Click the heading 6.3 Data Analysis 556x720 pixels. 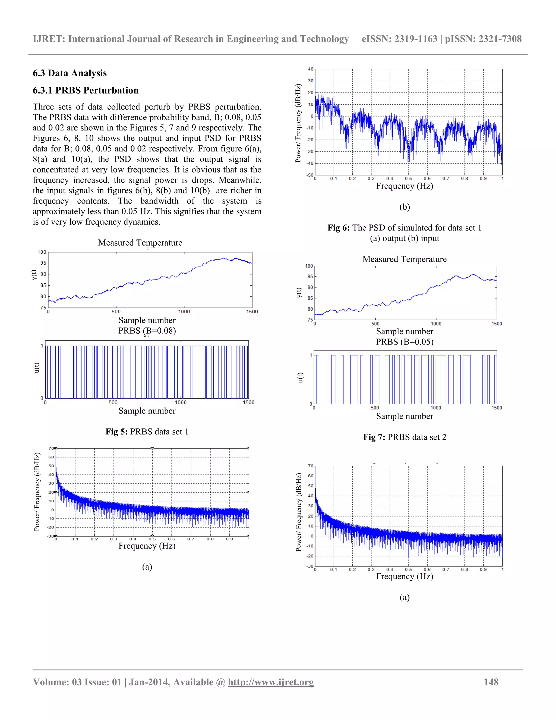point(69,73)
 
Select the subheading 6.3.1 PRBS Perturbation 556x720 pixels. point(85,90)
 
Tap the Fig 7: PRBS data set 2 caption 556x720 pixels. point(405,437)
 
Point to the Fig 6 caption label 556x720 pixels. point(338,228)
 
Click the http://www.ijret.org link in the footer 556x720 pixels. point(271,682)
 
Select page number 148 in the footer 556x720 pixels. point(491,682)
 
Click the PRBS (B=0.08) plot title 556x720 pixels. point(147,331)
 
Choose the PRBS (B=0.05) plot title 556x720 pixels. point(405,342)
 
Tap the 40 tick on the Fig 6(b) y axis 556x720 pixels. point(311,69)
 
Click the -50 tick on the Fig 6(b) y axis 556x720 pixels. point(310,175)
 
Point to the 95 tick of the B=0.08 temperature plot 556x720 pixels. point(43,263)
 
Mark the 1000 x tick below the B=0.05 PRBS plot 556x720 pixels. point(435,408)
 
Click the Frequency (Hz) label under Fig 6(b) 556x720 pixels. point(405,186)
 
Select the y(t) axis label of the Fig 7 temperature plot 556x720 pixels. point(299,292)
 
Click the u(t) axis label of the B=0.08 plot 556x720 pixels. point(37,368)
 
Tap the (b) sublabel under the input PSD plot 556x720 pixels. point(405,207)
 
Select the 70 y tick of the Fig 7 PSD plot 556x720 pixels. point(311,466)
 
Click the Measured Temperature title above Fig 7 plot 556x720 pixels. point(405,259)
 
